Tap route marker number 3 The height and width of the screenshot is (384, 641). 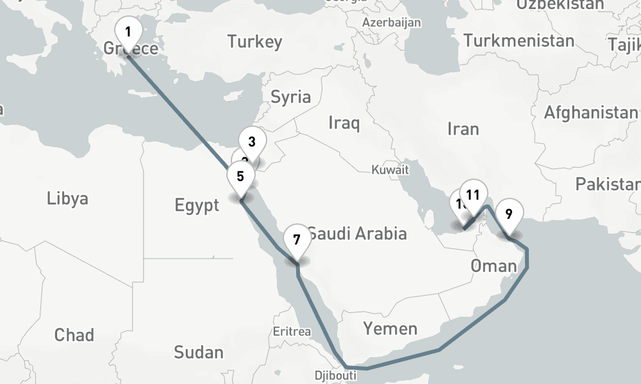click(252, 142)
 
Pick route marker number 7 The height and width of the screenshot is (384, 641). click(296, 241)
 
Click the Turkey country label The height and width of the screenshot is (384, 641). click(254, 43)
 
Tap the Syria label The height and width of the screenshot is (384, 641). click(291, 97)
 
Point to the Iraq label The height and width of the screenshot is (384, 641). click(344, 122)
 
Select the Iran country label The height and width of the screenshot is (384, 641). click(463, 129)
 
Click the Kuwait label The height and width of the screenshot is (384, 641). click(390, 170)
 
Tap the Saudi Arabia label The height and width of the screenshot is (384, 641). click(356, 233)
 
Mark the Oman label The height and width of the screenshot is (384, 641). click(493, 266)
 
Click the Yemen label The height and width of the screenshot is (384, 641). click(390, 329)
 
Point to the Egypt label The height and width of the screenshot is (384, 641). click(197, 205)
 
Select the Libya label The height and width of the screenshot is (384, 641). click(67, 198)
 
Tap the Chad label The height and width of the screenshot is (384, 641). click(74, 335)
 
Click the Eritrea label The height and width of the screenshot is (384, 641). click(292, 332)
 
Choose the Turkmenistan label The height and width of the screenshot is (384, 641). click(519, 41)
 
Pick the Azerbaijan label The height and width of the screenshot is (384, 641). click(391, 23)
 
